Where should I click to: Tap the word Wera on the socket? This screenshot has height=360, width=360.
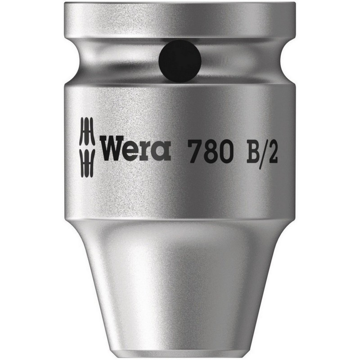[135, 149]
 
